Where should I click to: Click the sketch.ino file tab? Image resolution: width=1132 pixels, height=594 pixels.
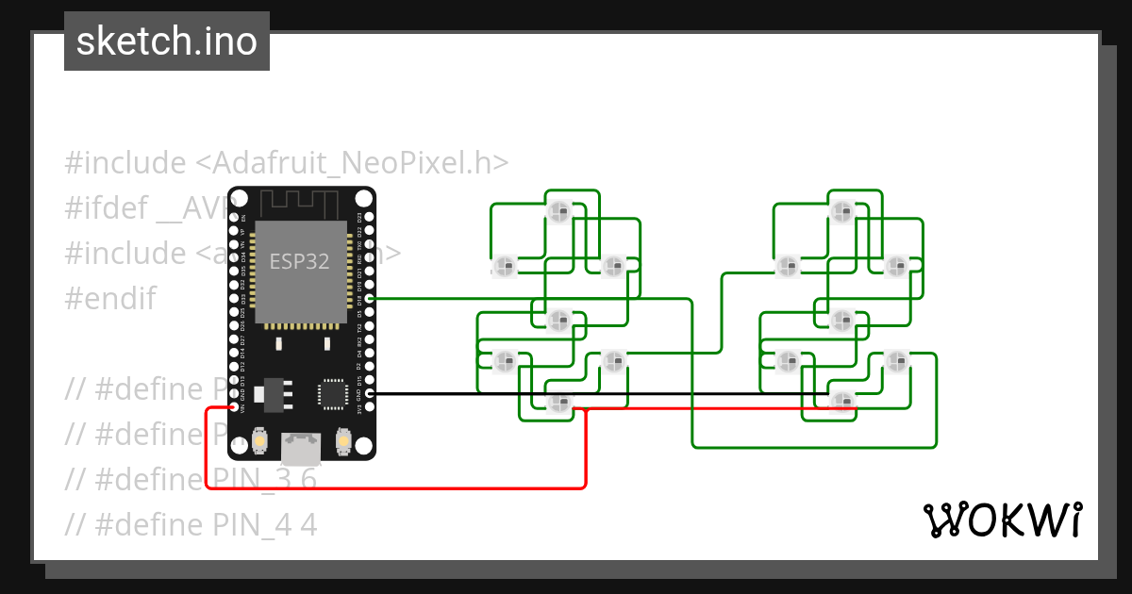click(x=167, y=41)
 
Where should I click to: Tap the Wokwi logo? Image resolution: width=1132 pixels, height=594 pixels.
click(x=1002, y=520)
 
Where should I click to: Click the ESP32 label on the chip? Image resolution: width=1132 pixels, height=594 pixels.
click(x=299, y=261)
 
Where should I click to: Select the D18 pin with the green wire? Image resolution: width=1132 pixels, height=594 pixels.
click(x=369, y=298)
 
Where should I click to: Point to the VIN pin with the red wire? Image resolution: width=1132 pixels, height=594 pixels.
click(x=234, y=408)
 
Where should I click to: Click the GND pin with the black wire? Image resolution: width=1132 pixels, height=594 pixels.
click(x=369, y=394)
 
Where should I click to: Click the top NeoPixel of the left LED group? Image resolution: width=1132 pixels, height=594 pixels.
click(x=558, y=211)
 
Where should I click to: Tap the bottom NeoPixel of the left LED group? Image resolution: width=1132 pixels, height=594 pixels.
click(x=559, y=404)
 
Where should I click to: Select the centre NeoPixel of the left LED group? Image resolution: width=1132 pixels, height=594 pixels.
click(x=558, y=321)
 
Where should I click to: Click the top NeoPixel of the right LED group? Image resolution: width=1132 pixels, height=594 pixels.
click(x=841, y=211)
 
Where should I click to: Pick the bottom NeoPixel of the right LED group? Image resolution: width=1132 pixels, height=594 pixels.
click(x=841, y=402)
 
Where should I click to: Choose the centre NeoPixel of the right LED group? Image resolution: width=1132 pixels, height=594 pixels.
click(x=841, y=321)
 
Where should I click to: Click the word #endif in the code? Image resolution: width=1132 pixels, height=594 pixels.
click(x=109, y=299)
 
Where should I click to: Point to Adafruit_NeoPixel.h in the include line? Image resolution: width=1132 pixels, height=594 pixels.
click(x=352, y=163)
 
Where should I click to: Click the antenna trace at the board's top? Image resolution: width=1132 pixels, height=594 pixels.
click(x=300, y=202)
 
